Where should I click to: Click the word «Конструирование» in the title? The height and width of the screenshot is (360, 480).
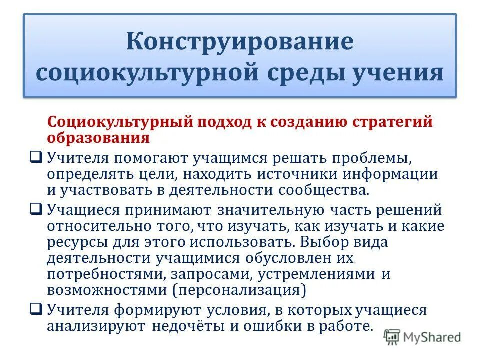click(x=240, y=41)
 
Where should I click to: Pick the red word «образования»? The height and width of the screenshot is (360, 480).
click(x=98, y=137)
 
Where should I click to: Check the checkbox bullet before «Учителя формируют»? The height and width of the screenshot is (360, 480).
click(x=36, y=309)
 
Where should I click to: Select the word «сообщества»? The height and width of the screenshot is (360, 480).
click(x=324, y=190)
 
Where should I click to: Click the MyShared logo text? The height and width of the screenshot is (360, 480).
click(x=431, y=337)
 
